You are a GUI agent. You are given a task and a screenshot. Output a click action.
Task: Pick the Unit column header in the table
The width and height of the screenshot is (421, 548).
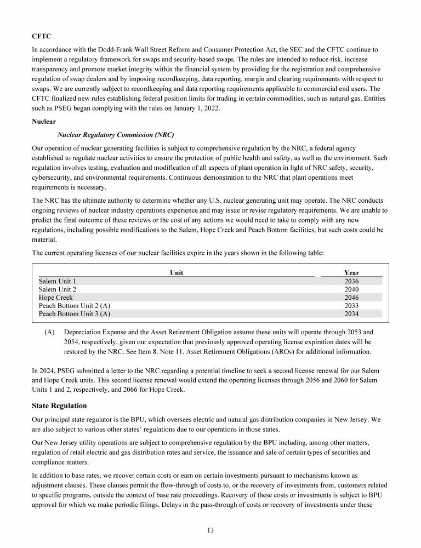pyautogui.click(x=177, y=272)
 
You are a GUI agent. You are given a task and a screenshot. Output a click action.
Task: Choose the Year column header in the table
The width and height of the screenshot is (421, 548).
pyautogui.click(x=351, y=272)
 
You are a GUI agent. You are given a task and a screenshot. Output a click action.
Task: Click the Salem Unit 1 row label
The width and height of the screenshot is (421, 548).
pyautogui.click(x=58, y=281)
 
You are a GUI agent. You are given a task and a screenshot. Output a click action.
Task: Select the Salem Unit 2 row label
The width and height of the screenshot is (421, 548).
pyautogui.click(x=58, y=289)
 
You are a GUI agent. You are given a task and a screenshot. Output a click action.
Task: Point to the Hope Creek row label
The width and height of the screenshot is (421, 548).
pyautogui.click(x=55, y=298)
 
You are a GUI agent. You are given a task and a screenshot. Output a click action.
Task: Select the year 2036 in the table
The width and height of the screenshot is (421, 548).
pyautogui.click(x=351, y=281)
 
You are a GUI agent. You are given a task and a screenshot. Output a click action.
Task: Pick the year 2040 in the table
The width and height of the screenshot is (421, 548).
pyautogui.click(x=351, y=289)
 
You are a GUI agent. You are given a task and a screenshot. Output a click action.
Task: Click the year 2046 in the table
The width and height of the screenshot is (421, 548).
pyautogui.click(x=351, y=298)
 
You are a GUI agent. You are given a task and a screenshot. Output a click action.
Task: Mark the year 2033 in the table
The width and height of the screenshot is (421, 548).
pyautogui.click(x=351, y=306)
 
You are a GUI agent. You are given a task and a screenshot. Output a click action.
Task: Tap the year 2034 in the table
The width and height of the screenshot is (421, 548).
pyautogui.click(x=351, y=314)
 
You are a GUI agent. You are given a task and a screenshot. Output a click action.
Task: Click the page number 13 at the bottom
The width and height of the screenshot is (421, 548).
pyautogui.click(x=210, y=530)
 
